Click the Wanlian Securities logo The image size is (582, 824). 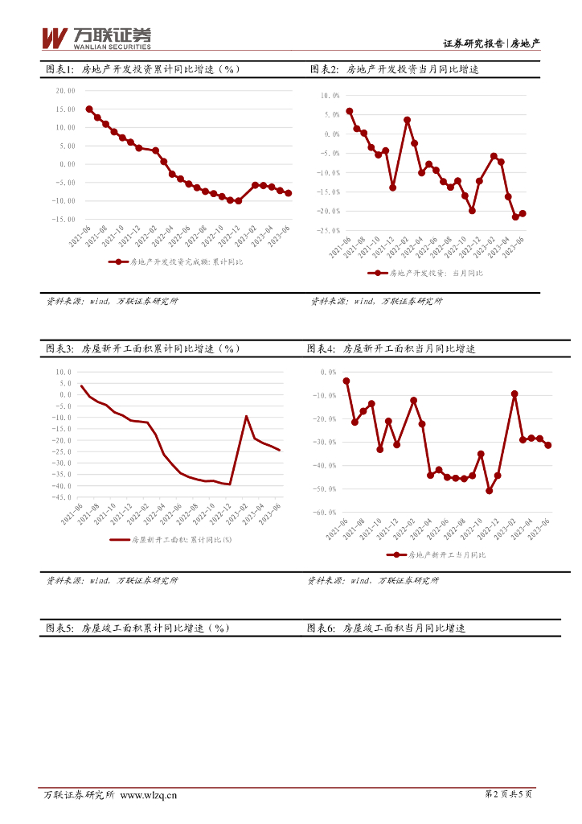96,38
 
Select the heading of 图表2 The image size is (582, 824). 394,70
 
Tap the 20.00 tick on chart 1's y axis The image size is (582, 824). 65,91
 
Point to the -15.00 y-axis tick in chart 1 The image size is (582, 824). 64,219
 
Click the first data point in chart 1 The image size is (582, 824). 88,109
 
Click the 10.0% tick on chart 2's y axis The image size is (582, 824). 330,96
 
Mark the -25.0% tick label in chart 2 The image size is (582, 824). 329,230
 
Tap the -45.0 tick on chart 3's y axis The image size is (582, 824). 62,497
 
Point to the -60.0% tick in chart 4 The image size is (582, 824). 326,513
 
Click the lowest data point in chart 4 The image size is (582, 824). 489,491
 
